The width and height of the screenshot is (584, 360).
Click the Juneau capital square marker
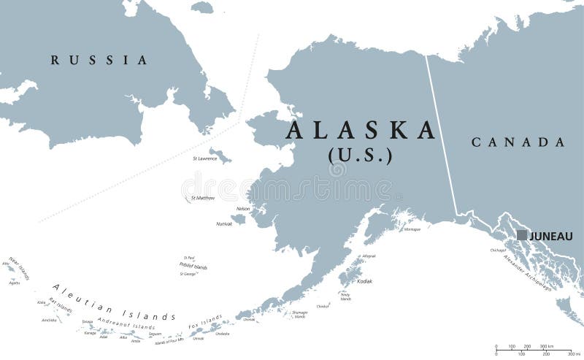pyautogui.click(x=522, y=235)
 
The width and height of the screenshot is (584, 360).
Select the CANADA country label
pyautogui.click(x=518, y=142)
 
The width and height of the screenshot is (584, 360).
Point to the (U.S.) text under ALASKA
pyautogui.click(x=360, y=156)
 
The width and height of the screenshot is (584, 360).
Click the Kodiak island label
pyautogui.click(x=364, y=281)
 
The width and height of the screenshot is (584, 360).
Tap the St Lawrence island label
pyautogui.click(x=204, y=158)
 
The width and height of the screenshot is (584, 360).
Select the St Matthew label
pyautogui.click(x=203, y=198)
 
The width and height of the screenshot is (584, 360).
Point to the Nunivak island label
pyautogui.click(x=223, y=224)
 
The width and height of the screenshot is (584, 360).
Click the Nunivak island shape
pyautogui.click(x=239, y=218)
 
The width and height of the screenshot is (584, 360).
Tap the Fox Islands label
pyautogui.click(x=207, y=321)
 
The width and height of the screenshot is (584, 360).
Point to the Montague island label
pyautogui.click(x=412, y=229)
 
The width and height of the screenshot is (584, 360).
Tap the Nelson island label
pyautogui.click(x=243, y=209)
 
